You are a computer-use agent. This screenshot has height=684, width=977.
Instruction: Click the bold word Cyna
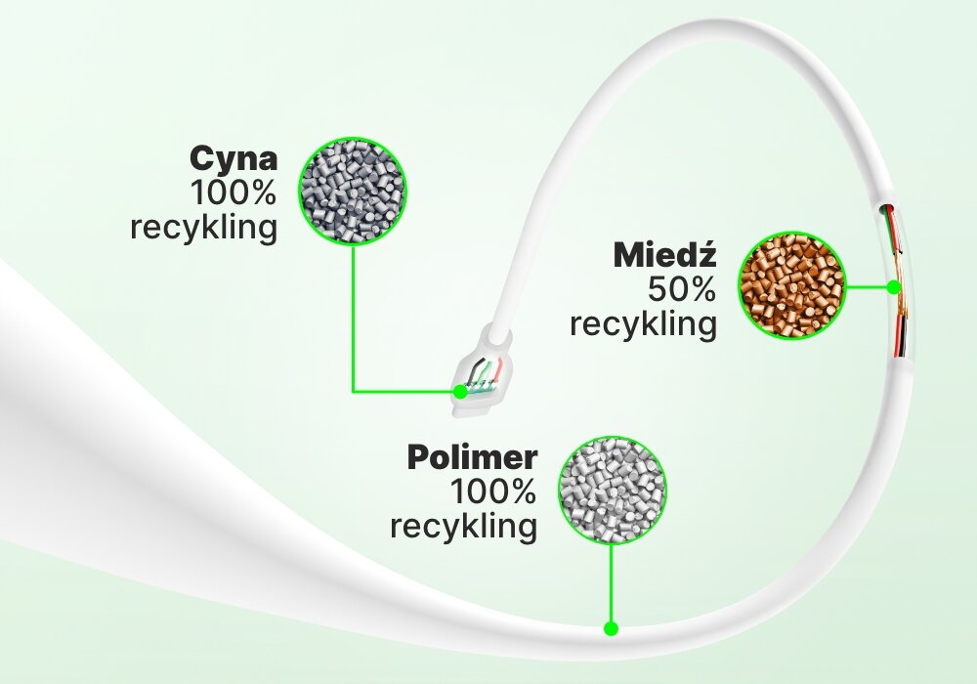coord(234,158)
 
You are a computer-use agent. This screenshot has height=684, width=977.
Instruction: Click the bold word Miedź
coord(665,256)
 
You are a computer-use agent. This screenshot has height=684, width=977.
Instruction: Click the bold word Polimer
coord(474,457)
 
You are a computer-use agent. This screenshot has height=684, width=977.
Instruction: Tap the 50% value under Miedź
coord(681,289)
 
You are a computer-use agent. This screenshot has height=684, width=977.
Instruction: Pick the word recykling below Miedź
coord(643,323)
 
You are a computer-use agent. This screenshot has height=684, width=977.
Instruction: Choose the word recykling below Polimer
coord(463,527)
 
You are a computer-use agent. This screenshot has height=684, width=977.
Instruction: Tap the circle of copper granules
coord(791,286)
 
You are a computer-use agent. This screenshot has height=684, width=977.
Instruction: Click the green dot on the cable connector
coord(459,392)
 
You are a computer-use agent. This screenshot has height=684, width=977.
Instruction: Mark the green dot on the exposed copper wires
coord(893,287)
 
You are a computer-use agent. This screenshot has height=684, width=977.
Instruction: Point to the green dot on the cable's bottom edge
coord(612,628)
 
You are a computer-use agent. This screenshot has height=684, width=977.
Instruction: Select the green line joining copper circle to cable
coord(867,287)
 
